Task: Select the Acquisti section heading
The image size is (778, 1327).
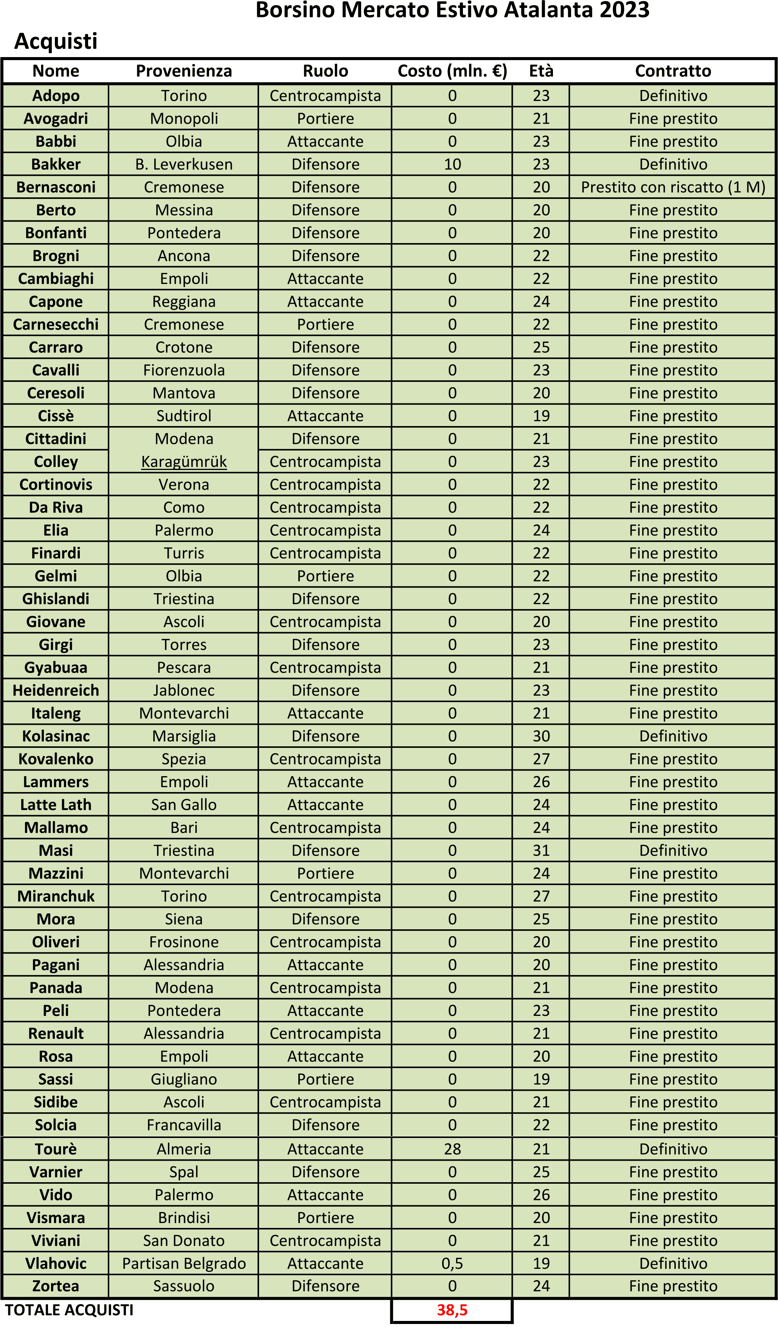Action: (56, 41)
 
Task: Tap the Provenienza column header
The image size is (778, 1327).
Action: (184, 71)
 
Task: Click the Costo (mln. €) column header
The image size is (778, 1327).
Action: (452, 71)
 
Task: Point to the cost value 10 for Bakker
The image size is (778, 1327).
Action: (452, 164)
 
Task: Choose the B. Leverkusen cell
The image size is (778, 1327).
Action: (184, 164)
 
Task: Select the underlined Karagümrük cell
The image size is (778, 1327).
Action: (184, 462)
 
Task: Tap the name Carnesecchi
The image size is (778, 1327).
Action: (56, 324)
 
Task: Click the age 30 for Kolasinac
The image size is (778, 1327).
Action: (541, 736)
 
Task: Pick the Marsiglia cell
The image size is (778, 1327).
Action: (184, 736)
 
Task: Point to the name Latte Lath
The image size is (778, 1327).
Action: (56, 805)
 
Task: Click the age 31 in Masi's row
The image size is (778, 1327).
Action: (541, 850)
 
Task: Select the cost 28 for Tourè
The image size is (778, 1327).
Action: (452, 1149)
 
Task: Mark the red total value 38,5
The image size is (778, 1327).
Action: (452, 1310)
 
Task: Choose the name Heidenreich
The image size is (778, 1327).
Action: (56, 690)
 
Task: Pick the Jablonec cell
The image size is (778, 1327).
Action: (184, 690)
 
